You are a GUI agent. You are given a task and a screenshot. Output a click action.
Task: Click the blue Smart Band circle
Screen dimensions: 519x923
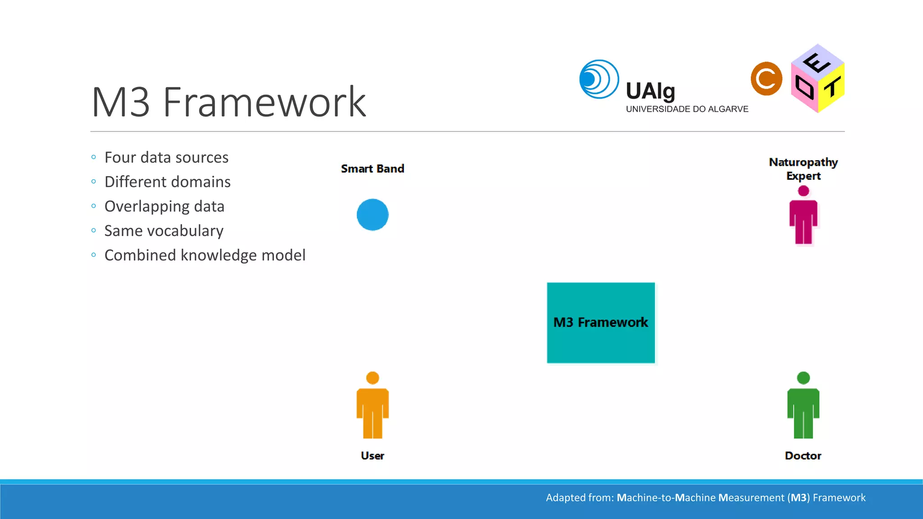pos(372,214)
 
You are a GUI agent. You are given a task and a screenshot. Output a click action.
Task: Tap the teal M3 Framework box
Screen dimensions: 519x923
pos(600,323)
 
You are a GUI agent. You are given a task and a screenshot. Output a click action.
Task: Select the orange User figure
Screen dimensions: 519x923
pos(372,405)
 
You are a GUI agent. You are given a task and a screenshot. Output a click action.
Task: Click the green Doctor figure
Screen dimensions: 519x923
pos(803,405)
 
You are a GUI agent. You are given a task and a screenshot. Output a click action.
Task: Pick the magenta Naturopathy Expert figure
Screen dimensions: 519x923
pos(803,216)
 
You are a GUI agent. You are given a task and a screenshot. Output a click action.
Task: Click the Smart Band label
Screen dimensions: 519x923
pos(372,168)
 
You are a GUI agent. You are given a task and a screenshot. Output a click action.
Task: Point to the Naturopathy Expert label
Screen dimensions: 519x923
pos(803,168)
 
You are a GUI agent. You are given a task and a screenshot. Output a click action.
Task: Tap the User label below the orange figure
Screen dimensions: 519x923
pos(372,455)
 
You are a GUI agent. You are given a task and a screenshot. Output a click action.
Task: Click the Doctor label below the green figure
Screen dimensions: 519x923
pos(803,455)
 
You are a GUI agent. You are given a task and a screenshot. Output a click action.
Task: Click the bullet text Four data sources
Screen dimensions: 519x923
pos(166,158)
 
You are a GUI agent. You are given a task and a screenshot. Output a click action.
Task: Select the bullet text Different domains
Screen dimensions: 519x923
pos(167,182)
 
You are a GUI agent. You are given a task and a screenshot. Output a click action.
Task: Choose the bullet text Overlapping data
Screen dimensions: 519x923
pos(164,206)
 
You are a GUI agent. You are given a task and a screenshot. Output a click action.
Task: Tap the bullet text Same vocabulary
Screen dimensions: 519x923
pos(164,231)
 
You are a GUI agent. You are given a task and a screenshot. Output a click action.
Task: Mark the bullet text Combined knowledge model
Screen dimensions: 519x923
pos(205,255)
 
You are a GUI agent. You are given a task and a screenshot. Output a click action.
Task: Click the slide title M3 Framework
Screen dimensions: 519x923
pos(228,103)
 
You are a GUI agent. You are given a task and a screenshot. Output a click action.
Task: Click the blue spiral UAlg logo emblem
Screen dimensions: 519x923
pos(599,79)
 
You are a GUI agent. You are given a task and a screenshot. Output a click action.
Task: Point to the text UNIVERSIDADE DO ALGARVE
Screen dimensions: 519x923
pos(687,109)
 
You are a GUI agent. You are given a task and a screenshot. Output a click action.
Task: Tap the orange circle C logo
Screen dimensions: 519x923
pos(766,79)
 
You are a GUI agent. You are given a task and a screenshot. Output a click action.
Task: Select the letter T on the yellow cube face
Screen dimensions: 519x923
pos(832,87)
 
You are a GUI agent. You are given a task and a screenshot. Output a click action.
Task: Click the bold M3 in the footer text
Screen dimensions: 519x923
pos(799,497)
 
